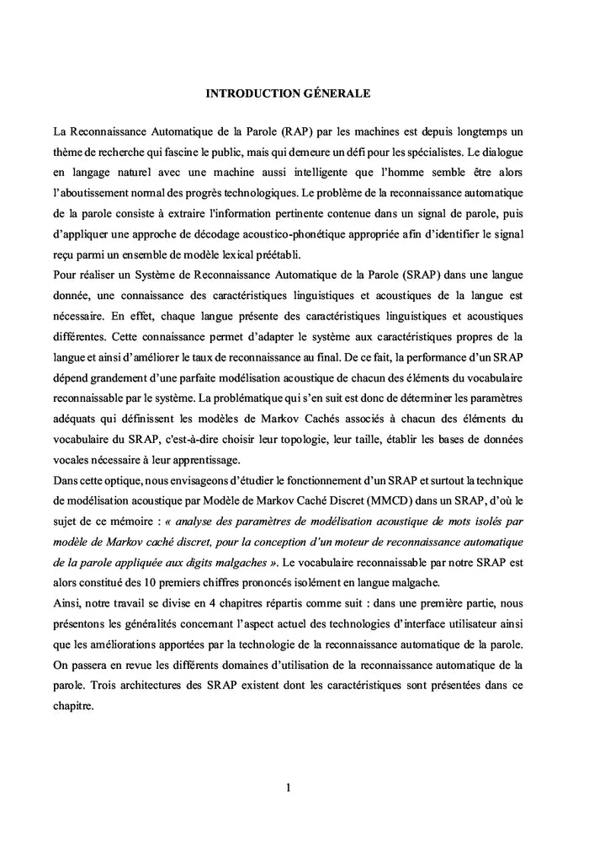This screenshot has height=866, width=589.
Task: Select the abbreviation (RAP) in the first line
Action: (301, 131)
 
